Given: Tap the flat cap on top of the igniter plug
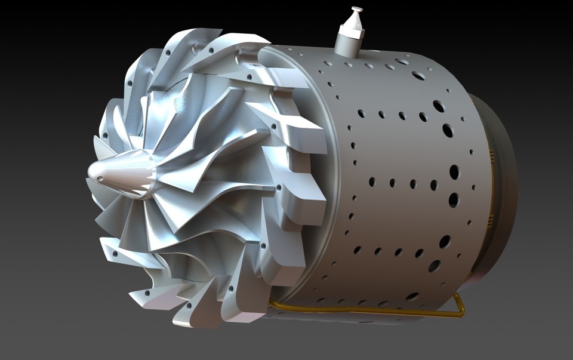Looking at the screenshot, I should coord(357,10).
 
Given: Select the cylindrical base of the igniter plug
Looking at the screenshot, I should coord(349,45).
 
